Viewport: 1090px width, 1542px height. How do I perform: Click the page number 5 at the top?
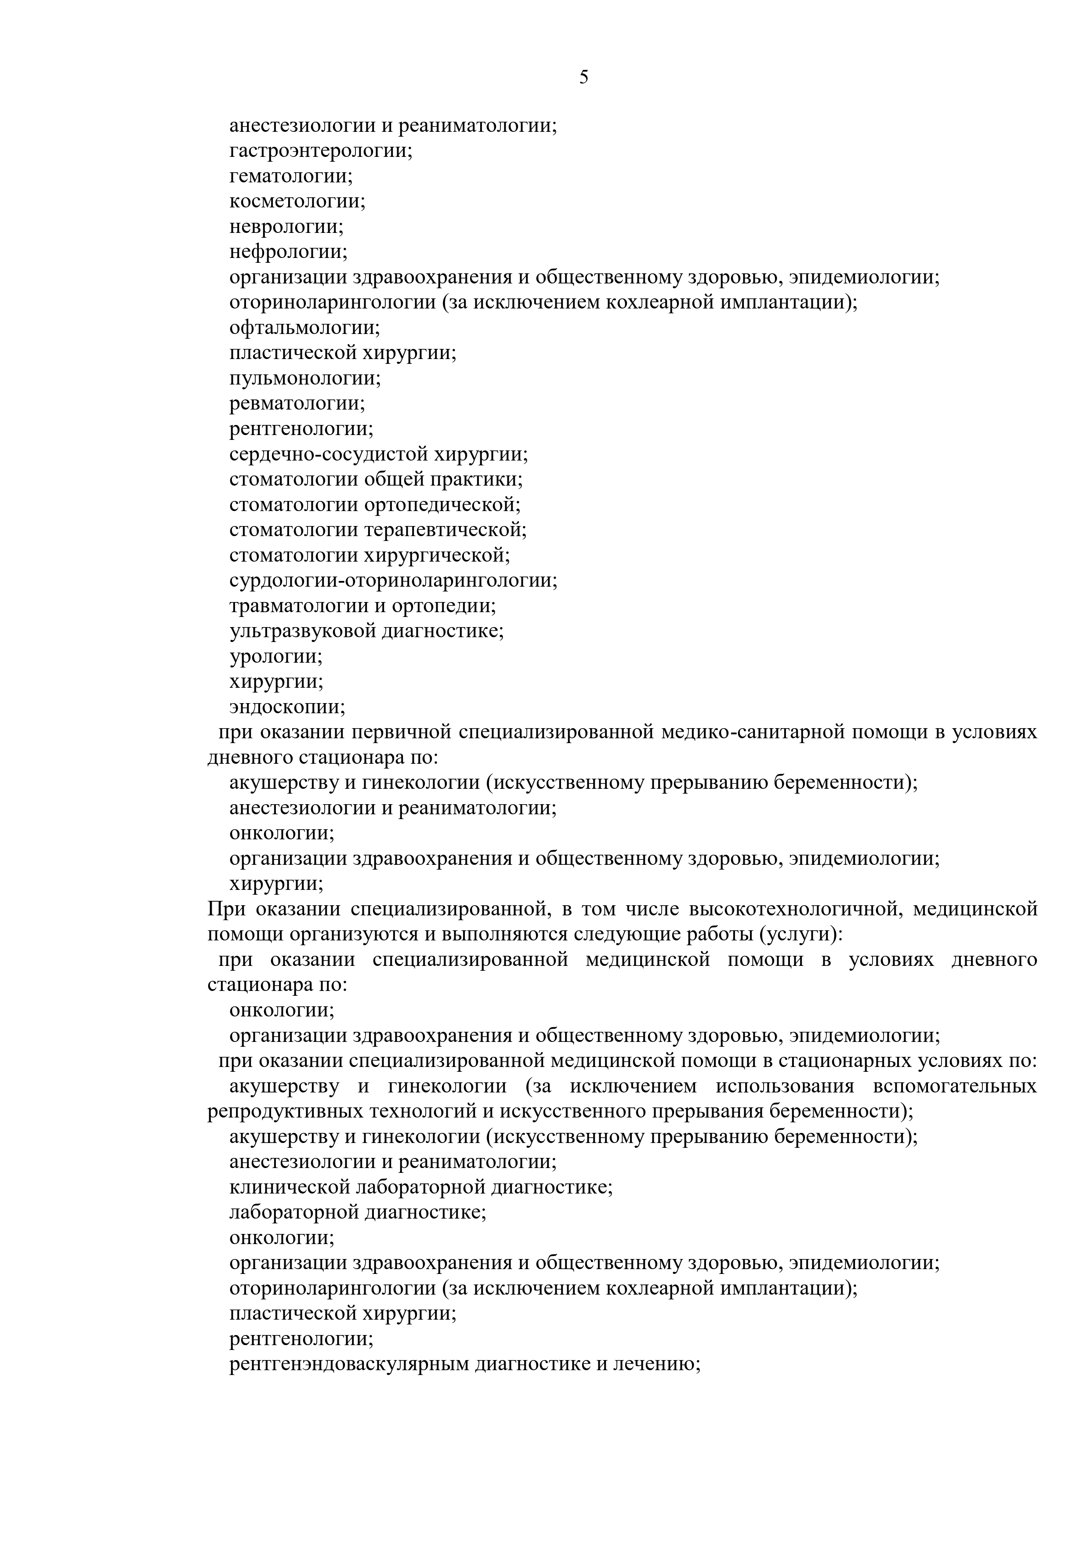583,78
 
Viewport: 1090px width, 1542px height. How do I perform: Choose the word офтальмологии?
303,328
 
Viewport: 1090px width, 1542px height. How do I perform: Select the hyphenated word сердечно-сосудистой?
329,455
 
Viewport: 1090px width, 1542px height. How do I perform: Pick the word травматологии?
299,606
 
